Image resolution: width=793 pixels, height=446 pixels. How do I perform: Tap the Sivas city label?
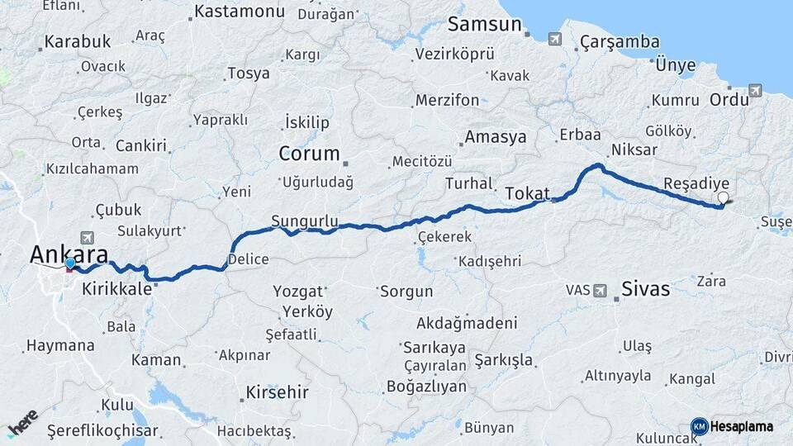click(x=644, y=290)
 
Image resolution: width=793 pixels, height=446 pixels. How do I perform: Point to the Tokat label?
click(x=526, y=192)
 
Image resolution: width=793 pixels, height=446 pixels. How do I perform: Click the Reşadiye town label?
click(x=696, y=183)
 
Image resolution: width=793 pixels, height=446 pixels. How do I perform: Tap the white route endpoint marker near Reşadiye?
click(x=724, y=197)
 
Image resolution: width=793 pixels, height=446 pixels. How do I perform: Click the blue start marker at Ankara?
click(x=70, y=264)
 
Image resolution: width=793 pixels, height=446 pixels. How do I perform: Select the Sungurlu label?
click(x=305, y=221)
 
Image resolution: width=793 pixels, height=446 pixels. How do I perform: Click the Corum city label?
click(x=309, y=154)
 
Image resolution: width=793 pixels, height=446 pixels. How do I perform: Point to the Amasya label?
click(x=495, y=137)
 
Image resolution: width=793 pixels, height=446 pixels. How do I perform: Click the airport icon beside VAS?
click(x=601, y=290)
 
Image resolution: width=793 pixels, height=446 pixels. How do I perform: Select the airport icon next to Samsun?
click(x=553, y=38)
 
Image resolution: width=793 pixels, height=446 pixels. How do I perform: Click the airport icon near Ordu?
click(x=755, y=90)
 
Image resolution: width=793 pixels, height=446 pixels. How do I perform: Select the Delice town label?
click(x=248, y=259)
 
